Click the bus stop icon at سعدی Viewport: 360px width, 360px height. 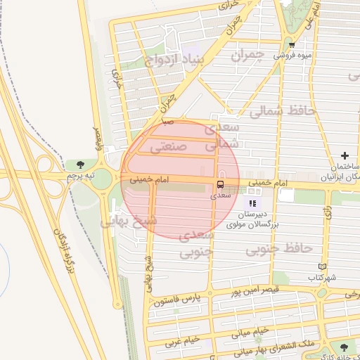click(221, 184)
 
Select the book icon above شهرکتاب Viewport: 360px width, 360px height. click(322, 267)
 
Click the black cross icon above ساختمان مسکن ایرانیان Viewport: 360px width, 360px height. click(345, 155)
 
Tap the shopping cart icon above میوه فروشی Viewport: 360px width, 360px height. click(292, 44)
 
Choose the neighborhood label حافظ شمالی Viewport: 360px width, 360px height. click(279, 111)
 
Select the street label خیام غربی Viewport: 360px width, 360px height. click(182, 341)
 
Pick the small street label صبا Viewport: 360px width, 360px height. click(167, 122)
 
